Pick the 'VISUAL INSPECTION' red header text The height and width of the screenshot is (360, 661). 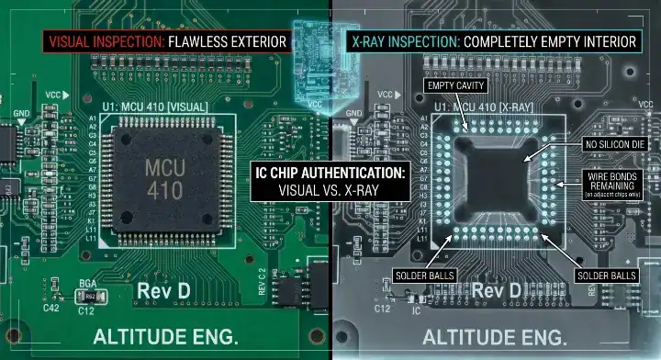point(106,42)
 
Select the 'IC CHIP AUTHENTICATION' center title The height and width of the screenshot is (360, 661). point(330,172)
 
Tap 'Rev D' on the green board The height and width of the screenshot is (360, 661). point(164,291)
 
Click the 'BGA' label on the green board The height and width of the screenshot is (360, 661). point(89,286)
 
